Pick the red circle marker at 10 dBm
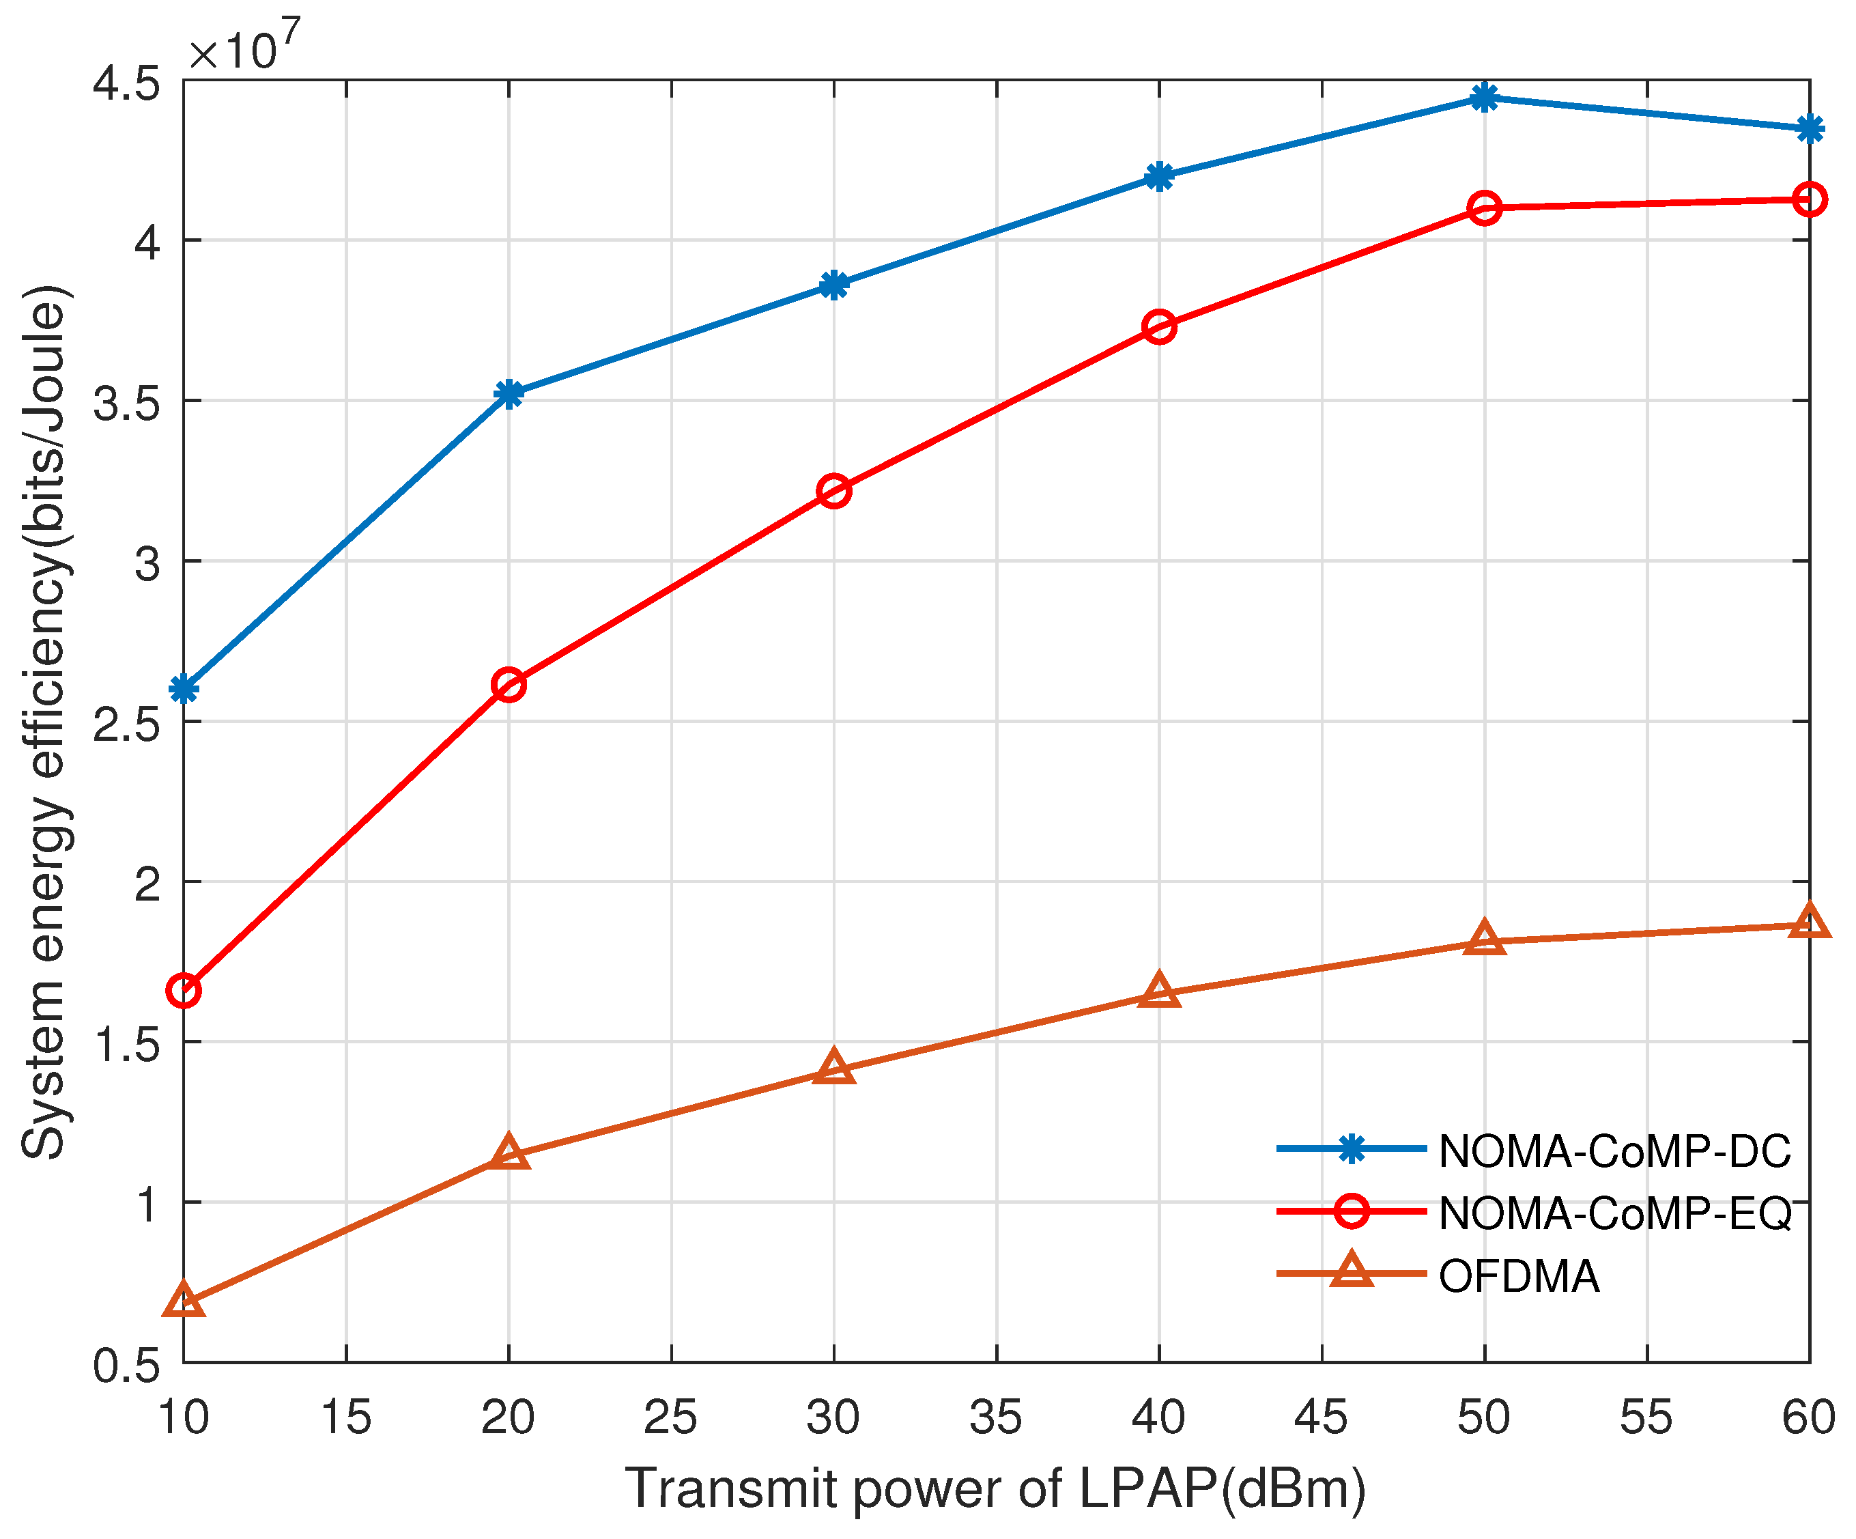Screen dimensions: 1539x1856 [x=184, y=991]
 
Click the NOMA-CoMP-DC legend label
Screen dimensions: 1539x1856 [x=1614, y=1151]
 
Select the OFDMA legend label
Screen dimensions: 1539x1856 [x=1518, y=1275]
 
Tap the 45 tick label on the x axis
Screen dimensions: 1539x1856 [x=1322, y=1417]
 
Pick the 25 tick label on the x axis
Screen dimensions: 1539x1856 [x=671, y=1417]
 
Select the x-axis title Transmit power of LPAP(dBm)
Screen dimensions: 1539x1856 [x=995, y=1488]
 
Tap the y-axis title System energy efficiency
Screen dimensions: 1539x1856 [x=44, y=720]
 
